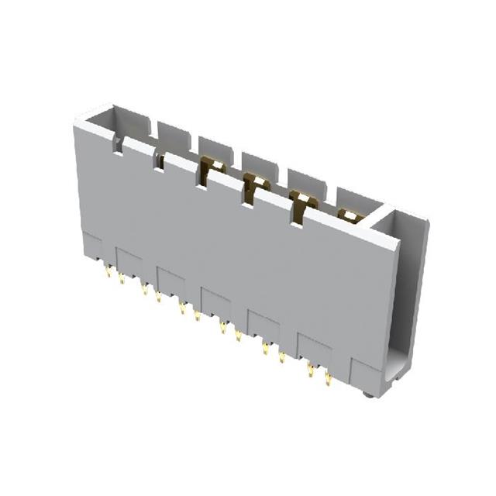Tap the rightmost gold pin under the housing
(328, 379)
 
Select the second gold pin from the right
(311, 371)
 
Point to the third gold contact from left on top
(299, 201)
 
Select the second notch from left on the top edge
(160, 160)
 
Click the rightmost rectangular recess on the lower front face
(315, 350)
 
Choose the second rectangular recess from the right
(263, 326)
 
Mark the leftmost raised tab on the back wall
(174, 133)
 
